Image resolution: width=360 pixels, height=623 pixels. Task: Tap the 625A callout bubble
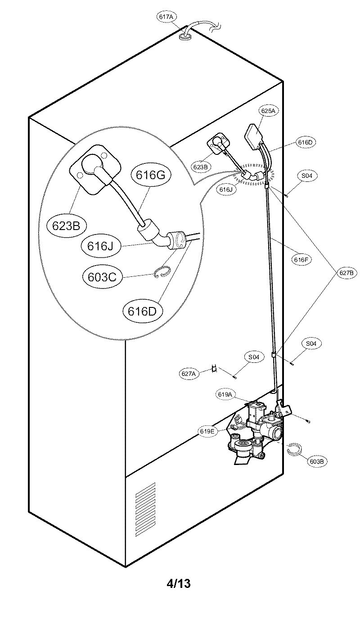click(x=267, y=110)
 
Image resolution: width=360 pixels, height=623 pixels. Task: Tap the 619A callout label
click(x=225, y=394)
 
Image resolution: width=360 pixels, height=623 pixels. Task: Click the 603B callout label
click(x=318, y=461)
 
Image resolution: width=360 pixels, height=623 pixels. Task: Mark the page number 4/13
click(x=179, y=584)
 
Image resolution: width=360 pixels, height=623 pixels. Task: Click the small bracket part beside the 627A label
click(x=215, y=369)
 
